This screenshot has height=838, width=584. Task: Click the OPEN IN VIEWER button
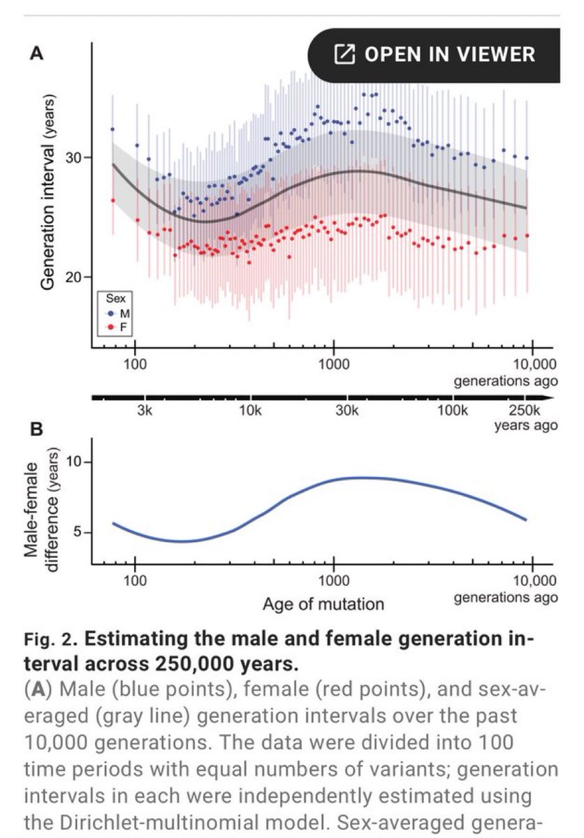pos(435,54)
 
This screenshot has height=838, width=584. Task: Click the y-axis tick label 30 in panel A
pos(72,158)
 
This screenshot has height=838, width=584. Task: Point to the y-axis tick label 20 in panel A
pos(72,277)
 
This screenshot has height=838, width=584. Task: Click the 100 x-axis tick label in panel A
pos(135,365)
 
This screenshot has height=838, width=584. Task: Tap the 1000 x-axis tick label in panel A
pos(334,365)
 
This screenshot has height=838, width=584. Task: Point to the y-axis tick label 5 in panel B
pos(78,533)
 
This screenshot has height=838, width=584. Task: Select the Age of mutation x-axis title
pos(323,603)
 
